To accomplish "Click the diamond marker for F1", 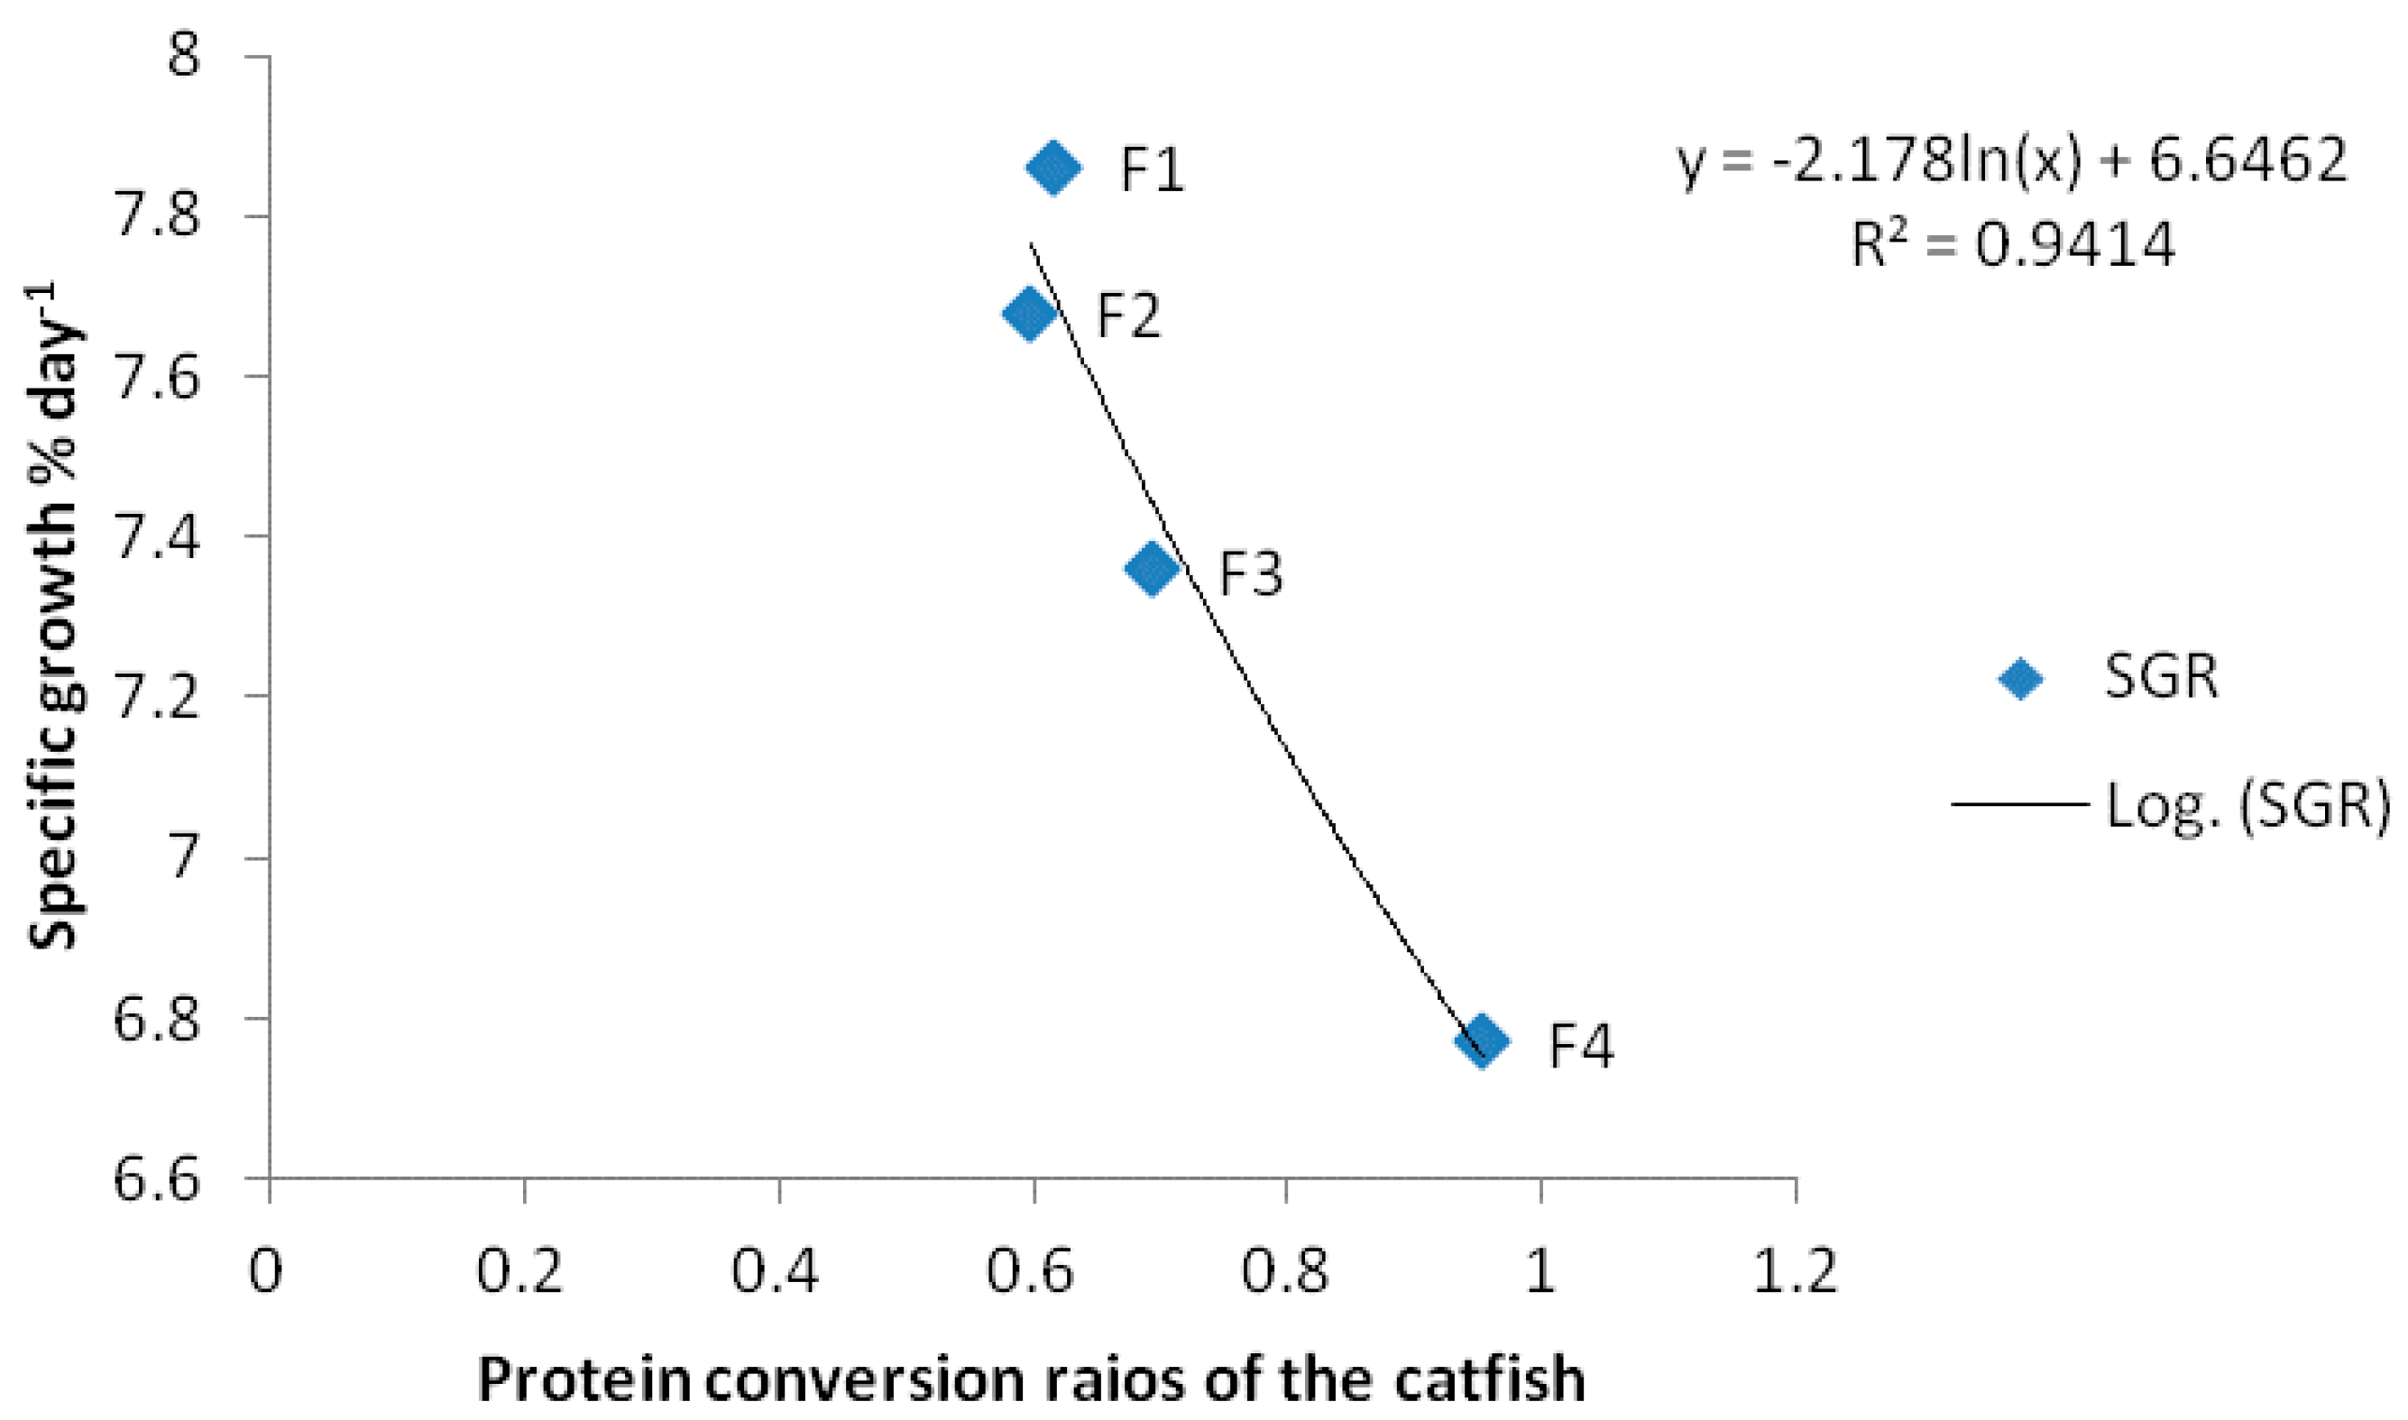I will pyautogui.click(x=1052, y=168).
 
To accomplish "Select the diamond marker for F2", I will pyautogui.click(x=1029, y=313).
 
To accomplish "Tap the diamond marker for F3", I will pyautogui.click(x=1152, y=568).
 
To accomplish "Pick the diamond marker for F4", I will pyautogui.click(x=1482, y=1040).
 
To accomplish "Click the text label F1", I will pyautogui.click(x=1153, y=171).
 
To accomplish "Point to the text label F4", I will pyautogui.click(x=1581, y=1046).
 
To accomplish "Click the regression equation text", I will pyautogui.click(x=2012, y=160).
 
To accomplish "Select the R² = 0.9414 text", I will pyautogui.click(x=2014, y=245).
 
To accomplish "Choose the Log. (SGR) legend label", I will pyautogui.click(x=2246, y=806).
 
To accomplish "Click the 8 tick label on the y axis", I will pyautogui.click(x=183, y=56).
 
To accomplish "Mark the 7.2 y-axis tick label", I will pyautogui.click(x=156, y=698).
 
